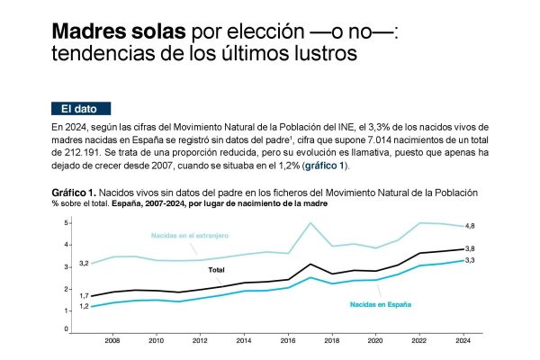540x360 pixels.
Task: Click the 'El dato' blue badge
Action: click(81, 109)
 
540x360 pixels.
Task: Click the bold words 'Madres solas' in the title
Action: click(119, 31)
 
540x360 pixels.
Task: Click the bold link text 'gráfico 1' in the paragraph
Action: click(325, 166)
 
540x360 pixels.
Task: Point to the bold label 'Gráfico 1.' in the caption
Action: click(74, 193)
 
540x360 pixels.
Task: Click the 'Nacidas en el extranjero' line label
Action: click(190, 236)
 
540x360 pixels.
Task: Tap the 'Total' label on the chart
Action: click(216, 270)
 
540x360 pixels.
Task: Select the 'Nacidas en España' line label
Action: click(381, 304)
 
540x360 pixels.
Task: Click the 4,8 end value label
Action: click(470, 226)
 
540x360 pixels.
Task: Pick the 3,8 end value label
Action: click(470, 248)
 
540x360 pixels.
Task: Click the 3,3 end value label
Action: click(470, 260)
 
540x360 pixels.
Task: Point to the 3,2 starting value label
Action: click(84, 263)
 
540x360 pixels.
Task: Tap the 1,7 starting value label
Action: click(84, 295)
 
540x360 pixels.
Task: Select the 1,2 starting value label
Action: click(84, 306)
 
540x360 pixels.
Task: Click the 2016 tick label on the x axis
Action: click(288, 341)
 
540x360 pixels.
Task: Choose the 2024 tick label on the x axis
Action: click(463, 341)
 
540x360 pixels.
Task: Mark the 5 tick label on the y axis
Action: click(66, 223)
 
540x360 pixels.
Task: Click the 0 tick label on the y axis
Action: click(66, 329)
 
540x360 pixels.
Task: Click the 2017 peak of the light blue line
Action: click(310, 222)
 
